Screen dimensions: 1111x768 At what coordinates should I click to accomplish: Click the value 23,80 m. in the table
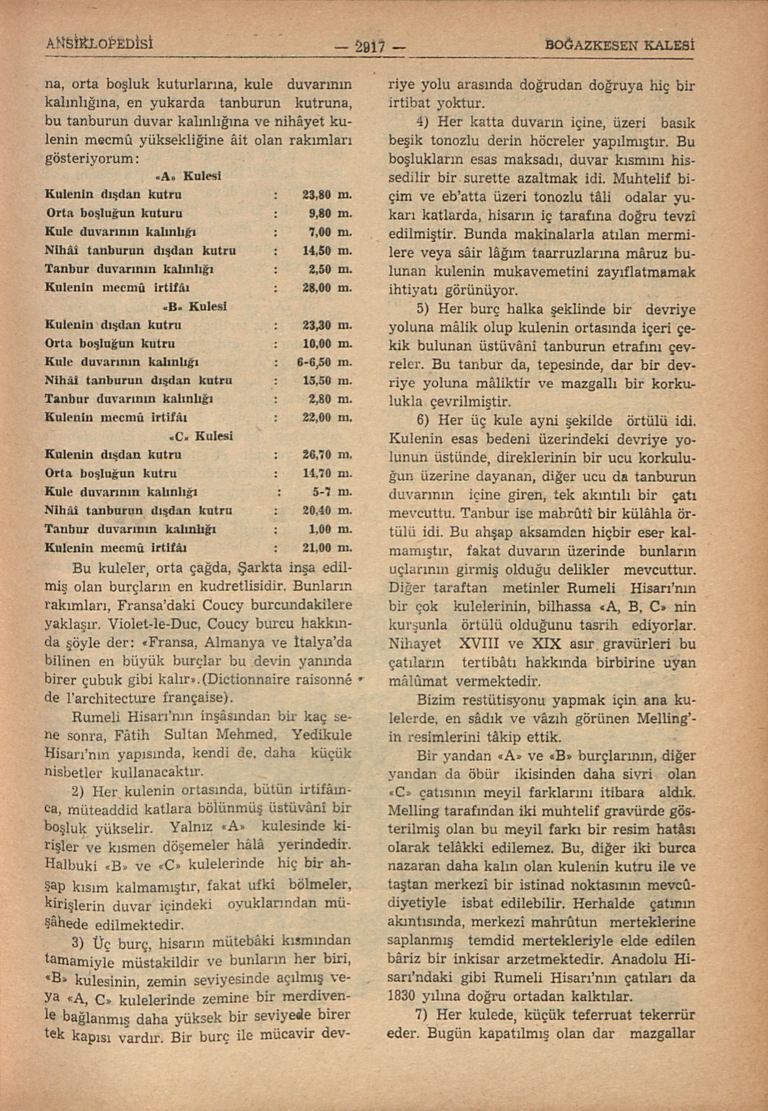pos(327,195)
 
